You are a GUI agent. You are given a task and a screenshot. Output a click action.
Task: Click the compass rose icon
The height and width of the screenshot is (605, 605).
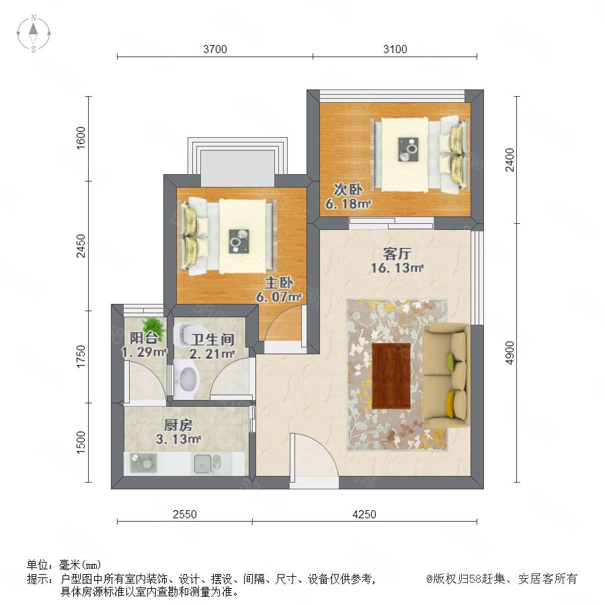pyautogui.click(x=34, y=34)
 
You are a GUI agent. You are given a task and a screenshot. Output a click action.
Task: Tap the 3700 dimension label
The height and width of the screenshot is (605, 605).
pyautogui.click(x=215, y=49)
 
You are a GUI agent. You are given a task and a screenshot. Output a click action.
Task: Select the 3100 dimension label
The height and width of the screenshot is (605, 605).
pyautogui.click(x=395, y=49)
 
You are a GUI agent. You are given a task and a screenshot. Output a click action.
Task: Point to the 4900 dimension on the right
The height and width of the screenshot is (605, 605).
pyautogui.click(x=510, y=353)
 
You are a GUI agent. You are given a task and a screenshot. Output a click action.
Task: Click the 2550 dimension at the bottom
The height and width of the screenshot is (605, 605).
pyautogui.click(x=185, y=514)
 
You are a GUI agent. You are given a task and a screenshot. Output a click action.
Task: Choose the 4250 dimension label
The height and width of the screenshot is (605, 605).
pyautogui.click(x=364, y=514)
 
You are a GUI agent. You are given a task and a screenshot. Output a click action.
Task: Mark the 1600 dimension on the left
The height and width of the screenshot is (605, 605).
pyautogui.click(x=80, y=138)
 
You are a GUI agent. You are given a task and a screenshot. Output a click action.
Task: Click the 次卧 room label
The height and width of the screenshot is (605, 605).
pyautogui.click(x=348, y=190)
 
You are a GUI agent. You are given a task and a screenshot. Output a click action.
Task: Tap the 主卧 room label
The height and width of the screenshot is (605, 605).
pyautogui.click(x=278, y=283)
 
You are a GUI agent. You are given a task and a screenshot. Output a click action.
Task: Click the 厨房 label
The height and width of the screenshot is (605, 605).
pyautogui.click(x=178, y=426)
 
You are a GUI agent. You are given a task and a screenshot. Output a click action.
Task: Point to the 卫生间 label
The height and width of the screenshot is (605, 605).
pyautogui.click(x=212, y=339)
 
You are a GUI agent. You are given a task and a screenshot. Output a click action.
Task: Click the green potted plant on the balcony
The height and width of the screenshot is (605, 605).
pyautogui.click(x=153, y=328)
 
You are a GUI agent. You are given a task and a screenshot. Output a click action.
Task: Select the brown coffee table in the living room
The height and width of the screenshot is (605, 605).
pyautogui.click(x=391, y=375)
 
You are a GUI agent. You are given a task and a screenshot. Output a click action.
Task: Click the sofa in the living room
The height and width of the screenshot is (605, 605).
pyautogui.click(x=446, y=375)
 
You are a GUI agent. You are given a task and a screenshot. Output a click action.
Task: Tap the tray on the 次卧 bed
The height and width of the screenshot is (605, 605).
pyautogui.click(x=408, y=149)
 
